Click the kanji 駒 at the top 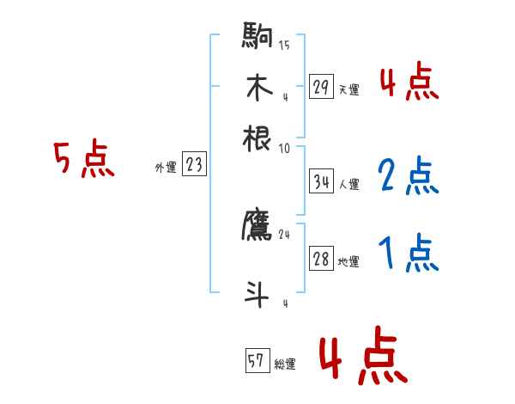(257, 38)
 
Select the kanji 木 (257, 88)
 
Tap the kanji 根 (257, 138)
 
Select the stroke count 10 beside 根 (284, 147)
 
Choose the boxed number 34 (322, 181)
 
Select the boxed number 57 (257, 362)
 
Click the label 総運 (284, 364)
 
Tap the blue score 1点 (409, 254)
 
